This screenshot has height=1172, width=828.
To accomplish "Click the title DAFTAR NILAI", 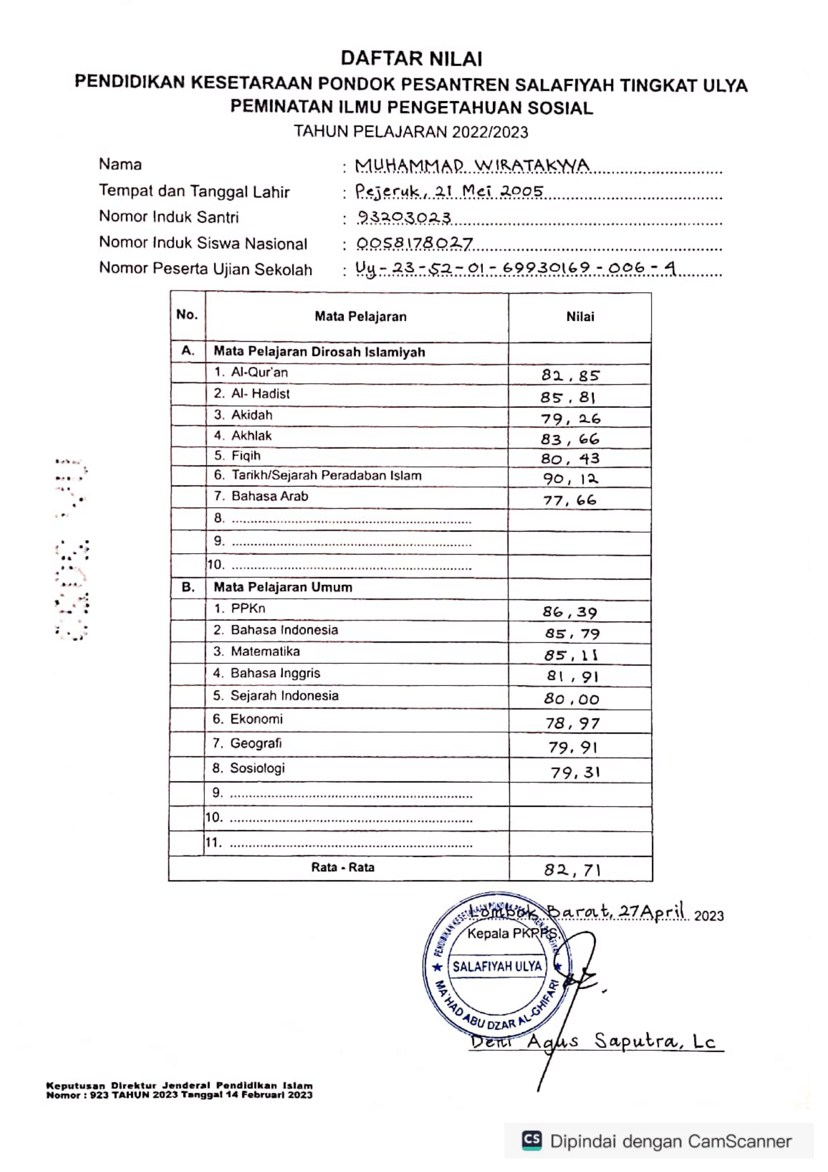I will coord(411,59).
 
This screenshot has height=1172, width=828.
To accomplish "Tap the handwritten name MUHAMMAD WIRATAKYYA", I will coord(472,165).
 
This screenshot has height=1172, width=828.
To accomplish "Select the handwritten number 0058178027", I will coord(414,244).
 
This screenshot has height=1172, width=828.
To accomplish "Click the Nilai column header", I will coord(580,317).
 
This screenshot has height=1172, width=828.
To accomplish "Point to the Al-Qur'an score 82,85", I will coord(571,376).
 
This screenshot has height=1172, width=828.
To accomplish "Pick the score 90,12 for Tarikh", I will coord(571,479).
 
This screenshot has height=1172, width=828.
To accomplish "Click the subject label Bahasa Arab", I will coord(269,496).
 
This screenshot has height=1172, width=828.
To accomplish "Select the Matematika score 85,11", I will coord(571,655).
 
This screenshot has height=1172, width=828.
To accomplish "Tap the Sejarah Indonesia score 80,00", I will coord(572,699).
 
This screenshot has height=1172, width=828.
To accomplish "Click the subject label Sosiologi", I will coord(257,768).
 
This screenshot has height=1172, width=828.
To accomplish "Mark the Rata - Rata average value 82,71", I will coord(572,869).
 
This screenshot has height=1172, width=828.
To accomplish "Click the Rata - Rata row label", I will coord(343,867).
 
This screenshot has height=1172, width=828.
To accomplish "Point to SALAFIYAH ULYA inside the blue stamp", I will coord(497,966).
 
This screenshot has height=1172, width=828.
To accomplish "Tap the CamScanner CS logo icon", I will coord(531,1140).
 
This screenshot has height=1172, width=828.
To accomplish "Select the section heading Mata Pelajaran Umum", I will coord(283,587).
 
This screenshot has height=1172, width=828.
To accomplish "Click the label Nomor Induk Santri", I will coord(169,217).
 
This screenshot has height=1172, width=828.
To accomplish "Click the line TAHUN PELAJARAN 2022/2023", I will coord(411,132).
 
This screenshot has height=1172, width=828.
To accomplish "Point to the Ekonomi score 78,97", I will coord(573,723).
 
